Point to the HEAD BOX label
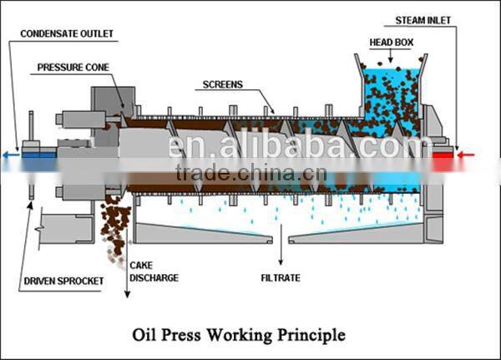[391, 42]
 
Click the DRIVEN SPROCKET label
[63, 281]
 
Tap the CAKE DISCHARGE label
[154, 271]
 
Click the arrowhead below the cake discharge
[126, 294]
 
